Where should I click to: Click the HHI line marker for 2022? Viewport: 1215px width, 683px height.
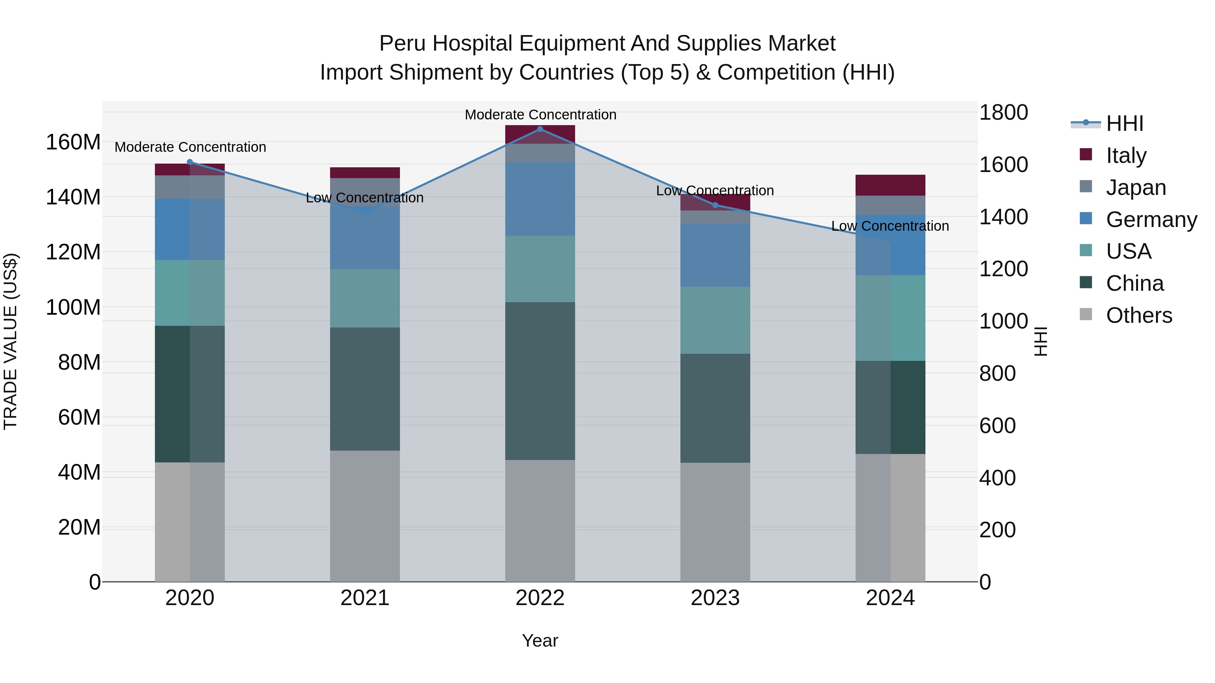coord(540,129)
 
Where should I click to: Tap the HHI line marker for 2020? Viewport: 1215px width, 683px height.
coord(190,162)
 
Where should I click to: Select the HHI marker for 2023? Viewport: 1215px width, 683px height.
coord(715,205)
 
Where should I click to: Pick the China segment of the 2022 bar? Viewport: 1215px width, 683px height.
coord(540,381)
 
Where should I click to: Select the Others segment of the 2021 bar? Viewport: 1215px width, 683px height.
coord(364,516)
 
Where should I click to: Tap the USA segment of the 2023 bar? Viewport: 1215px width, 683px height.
coord(715,320)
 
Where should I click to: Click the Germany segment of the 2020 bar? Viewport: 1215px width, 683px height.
coord(190,229)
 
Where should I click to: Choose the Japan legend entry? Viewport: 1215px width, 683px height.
coord(1136,188)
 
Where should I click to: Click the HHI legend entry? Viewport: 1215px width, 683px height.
coord(1125,123)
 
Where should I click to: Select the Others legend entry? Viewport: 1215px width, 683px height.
coord(1139,315)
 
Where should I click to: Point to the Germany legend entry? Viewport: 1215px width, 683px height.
coord(1151,220)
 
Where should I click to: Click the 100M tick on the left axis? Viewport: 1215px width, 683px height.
coord(73,307)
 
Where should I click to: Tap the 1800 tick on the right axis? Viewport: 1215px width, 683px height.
coord(1003,113)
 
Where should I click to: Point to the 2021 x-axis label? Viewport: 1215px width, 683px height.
coord(364,598)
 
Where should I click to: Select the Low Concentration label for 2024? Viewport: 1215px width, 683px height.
coord(890,226)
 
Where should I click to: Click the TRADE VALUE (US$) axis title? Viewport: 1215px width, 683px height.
coord(10,341)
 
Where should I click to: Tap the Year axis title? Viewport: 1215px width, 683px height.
coord(540,641)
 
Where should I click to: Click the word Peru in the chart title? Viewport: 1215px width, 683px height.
coord(402,44)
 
